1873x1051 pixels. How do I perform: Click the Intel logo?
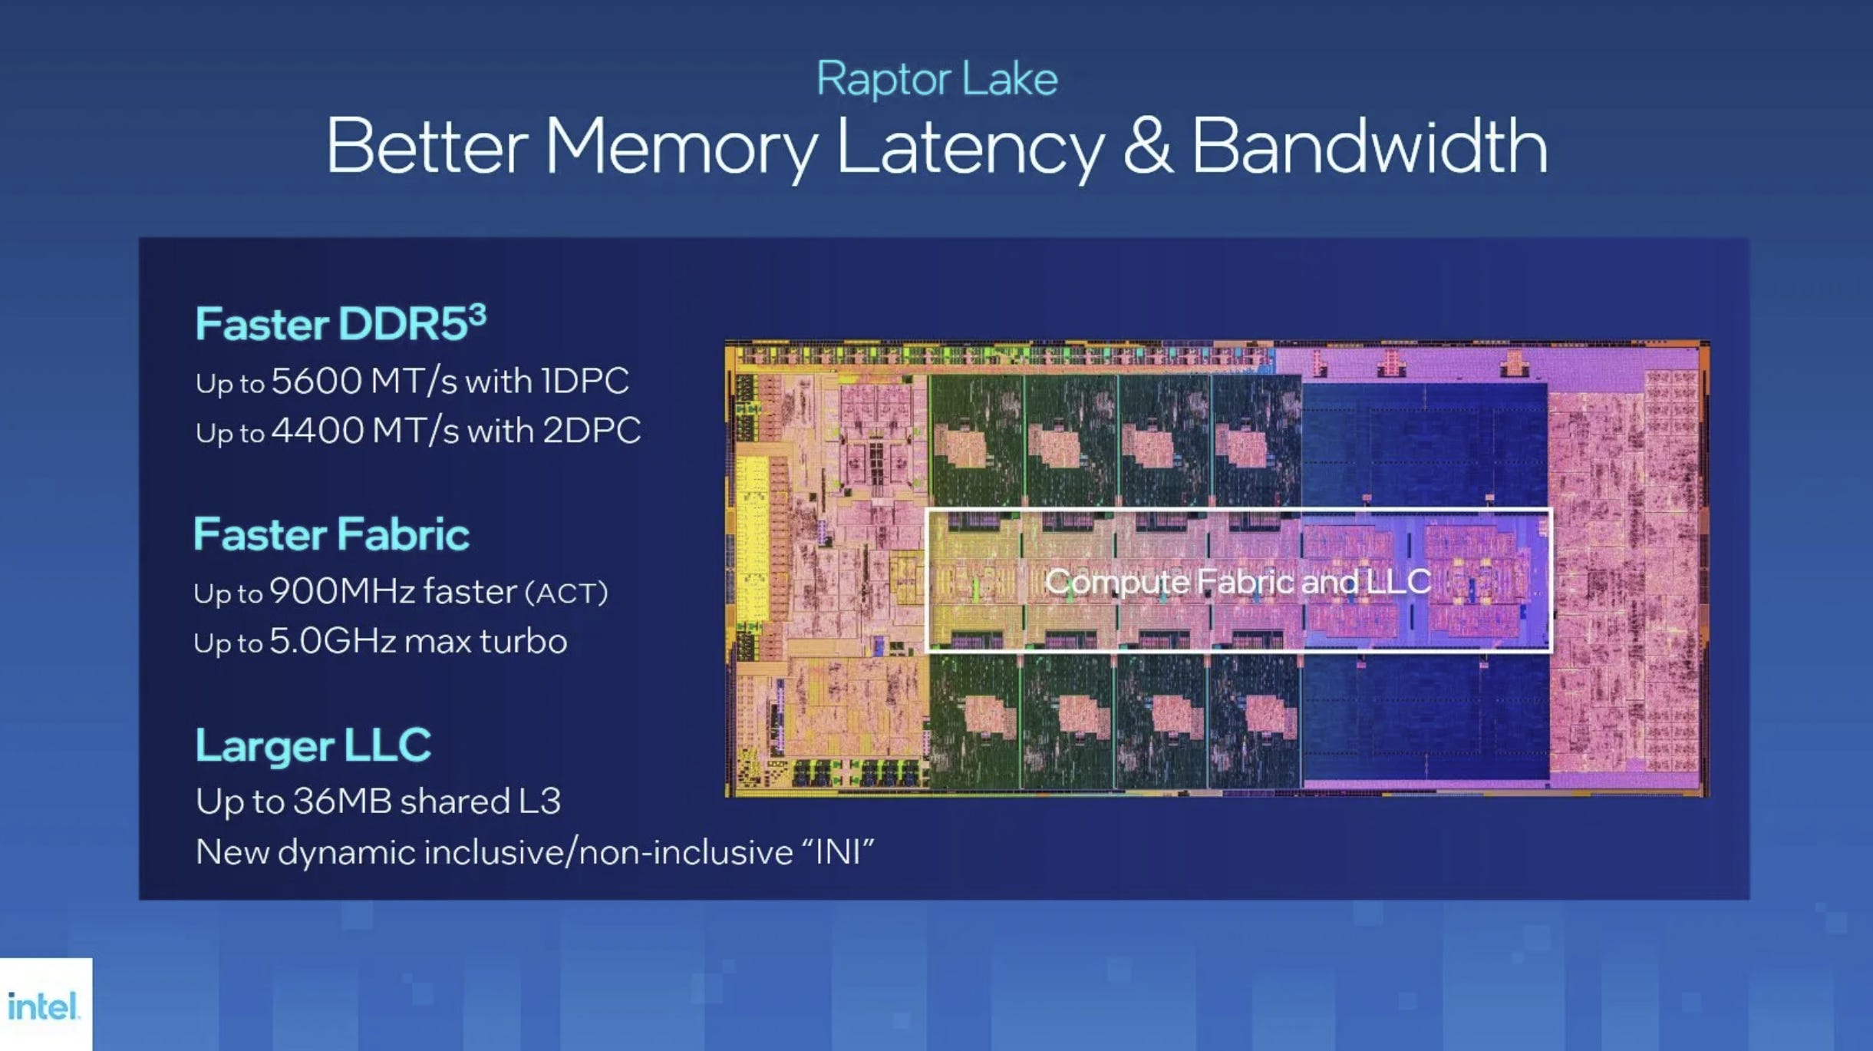click(x=44, y=1006)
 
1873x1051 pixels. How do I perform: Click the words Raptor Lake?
click(x=937, y=79)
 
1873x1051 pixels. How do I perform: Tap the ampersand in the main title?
click(x=1147, y=146)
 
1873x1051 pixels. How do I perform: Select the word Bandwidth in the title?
click(x=1370, y=146)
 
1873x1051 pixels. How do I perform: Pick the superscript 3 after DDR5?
click(x=477, y=313)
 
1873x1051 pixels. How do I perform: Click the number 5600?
click(x=316, y=381)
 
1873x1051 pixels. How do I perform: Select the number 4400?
click(x=316, y=431)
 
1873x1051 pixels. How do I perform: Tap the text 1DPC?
click(x=585, y=381)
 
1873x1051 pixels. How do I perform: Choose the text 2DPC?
click(x=592, y=431)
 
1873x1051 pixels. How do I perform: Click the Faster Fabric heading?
click(x=331, y=534)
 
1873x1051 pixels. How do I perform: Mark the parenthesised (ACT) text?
click(x=566, y=593)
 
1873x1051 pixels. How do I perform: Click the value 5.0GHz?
click(x=332, y=641)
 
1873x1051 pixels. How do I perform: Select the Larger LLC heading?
click(x=313, y=745)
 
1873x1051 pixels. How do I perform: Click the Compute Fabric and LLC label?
click(x=1238, y=581)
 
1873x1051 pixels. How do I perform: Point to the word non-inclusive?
click(x=686, y=852)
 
